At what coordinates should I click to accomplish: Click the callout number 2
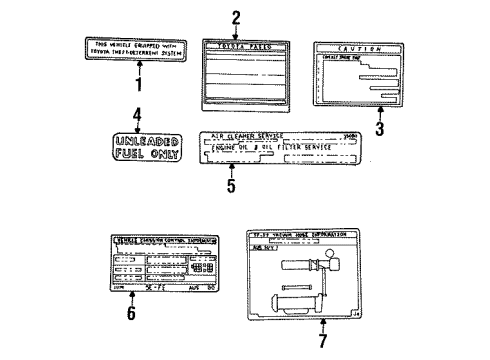pos(236,16)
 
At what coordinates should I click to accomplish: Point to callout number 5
pos(232,186)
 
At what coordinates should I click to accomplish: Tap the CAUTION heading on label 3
pos(358,48)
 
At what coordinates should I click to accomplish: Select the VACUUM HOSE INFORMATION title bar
pos(298,237)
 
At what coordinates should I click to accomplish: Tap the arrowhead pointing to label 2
pos(237,34)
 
